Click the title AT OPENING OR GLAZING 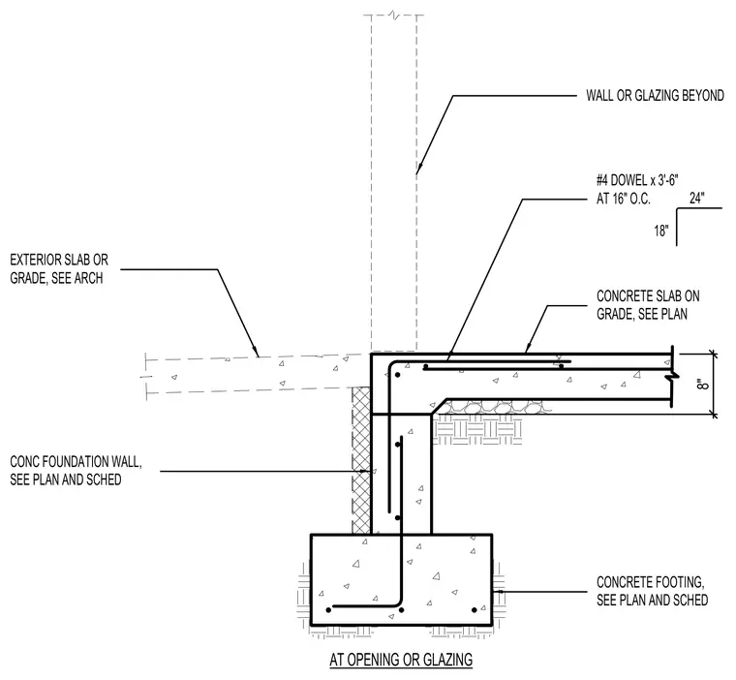coord(401,660)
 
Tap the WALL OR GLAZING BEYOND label coord(655,96)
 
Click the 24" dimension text coord(697,199)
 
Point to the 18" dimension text coord(661,231)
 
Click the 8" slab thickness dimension coord(702,384)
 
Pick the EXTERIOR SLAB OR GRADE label coord(59,268)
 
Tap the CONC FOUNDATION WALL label coord(76,471)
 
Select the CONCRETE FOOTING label coord(652,591)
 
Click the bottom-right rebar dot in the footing coord(475,609)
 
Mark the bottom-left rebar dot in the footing coord(328,609)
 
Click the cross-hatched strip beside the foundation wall coord(361,460)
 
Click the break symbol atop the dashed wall coord(393,15)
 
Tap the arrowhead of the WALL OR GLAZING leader coord(418,170)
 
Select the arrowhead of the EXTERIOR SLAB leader coord(256,352)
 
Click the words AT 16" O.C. coord(624,199)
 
